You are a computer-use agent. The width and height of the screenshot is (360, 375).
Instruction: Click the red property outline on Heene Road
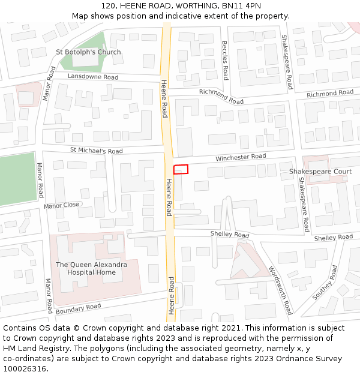[x=181, y=169]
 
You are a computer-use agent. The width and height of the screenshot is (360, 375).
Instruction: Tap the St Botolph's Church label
[x=88, y=52]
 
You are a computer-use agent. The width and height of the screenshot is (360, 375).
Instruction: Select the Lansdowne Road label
[x=93, y=77]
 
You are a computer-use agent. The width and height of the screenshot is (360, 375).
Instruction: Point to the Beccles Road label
[x=225, y=60]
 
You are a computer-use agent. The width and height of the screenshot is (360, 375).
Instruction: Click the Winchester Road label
[x=241, y=157]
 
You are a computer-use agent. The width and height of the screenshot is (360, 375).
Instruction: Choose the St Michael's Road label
[x=96, y=151]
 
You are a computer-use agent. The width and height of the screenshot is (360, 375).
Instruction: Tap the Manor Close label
[x=61, y=205]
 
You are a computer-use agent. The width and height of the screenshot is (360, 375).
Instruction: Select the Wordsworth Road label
[x=280, y=290]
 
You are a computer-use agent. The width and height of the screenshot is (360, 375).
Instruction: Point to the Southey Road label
[x=325, y=283]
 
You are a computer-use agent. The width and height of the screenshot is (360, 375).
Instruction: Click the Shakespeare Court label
[x=320, y=172]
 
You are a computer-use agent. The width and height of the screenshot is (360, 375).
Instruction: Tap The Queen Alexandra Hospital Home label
[x=91, y=268]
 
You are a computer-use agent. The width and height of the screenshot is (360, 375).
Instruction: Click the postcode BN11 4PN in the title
[x=246, y=5]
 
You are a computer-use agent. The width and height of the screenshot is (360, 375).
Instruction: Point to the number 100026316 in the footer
[x=25, y=369]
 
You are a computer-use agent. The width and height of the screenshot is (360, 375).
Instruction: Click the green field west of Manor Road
[x=17, y=179]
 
